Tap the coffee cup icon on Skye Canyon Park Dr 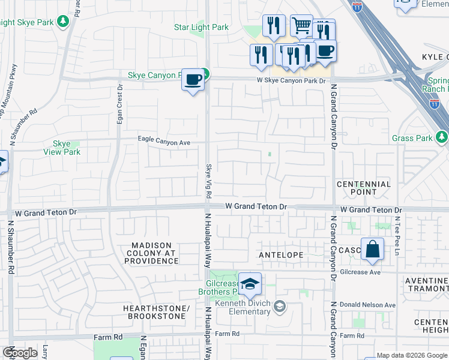tap(193, 79)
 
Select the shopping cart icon tap(301, 26)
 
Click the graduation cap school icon tap(250, 283)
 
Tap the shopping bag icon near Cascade tap(372, 248)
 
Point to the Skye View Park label tap(62, 148)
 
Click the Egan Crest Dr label tap(120, 104)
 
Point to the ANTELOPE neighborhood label tap(282, 255)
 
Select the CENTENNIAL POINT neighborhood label tap(363, 188)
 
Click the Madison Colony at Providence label tap(152, 253)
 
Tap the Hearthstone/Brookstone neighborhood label tap(156, 313)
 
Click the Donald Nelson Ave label tap(367, 305)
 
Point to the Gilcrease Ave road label tap(360, 272)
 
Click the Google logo tap(20, 353)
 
